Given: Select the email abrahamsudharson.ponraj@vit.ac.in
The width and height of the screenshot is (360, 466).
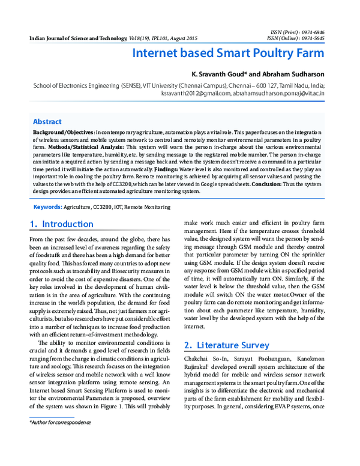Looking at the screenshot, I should pos(279,93).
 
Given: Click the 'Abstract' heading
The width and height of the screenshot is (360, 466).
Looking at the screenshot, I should pos(47,121).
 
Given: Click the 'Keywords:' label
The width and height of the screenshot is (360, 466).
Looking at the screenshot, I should pos(48,207).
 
